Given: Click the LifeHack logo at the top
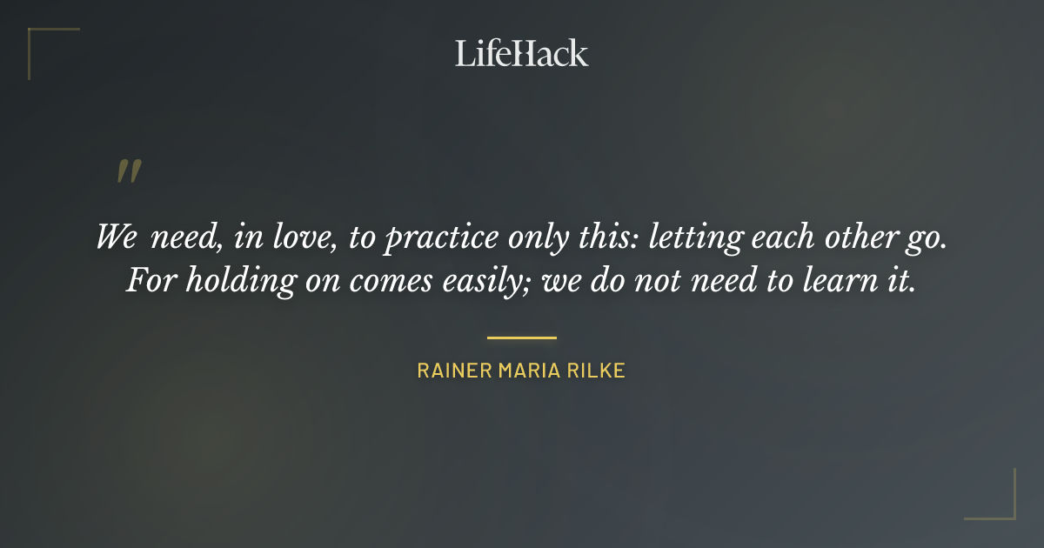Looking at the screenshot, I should (x=521, y=53).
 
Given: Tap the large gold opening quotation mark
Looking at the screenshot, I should (x=128, y=172).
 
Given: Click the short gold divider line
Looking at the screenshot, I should (x=521, y=337).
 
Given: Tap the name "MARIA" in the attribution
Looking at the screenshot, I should (x=530, y=371).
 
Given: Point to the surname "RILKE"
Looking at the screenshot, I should (x=599, y=371).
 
